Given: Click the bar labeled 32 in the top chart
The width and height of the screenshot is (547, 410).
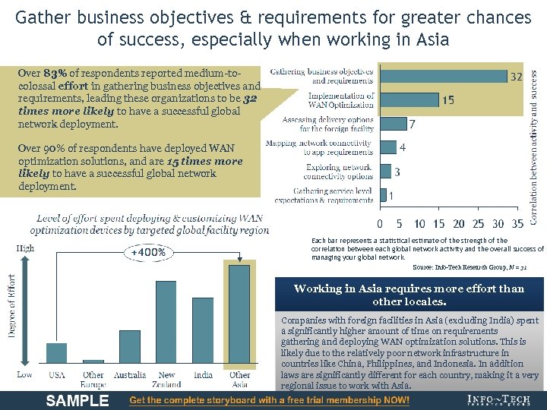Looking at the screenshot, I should pos(443,76).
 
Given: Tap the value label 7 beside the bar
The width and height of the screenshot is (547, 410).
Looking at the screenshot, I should pos(412,124).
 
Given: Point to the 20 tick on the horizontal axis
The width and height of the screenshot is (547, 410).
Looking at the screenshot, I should pos(458,223).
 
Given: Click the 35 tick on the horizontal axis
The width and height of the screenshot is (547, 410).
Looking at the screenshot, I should pos(518,223).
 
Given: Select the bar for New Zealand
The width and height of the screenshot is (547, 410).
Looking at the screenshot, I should pos(166,322).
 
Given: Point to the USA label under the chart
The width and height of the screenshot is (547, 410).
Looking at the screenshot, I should pos(57,375).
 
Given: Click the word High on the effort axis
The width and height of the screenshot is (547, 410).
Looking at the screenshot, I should pos(25,248).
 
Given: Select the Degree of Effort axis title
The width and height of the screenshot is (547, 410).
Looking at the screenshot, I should pos(11,308).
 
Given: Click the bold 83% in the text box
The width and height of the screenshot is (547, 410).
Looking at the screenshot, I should pos(55,74).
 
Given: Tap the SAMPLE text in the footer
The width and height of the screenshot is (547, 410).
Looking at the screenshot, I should pos(77,401).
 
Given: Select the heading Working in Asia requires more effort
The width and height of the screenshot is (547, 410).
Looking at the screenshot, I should pos(409,295).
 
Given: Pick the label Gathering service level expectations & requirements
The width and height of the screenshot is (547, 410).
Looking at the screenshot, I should pos(333,195).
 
